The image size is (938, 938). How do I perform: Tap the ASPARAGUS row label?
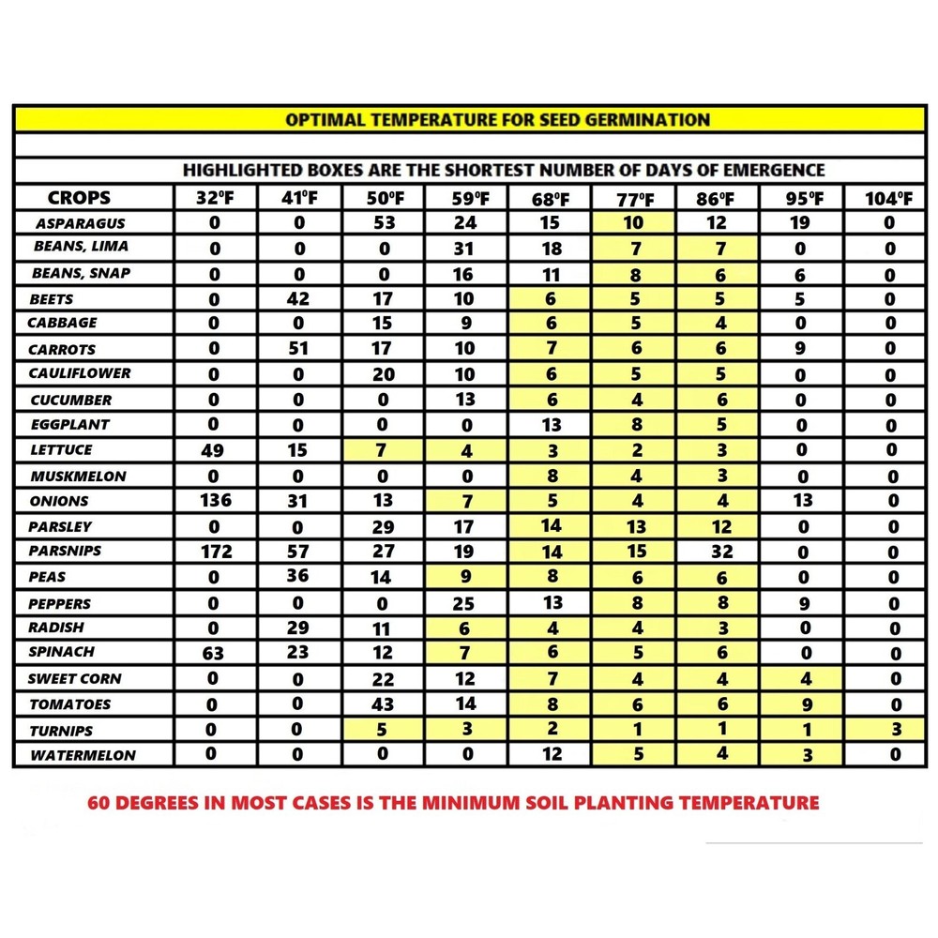pyautogui.click(x=80, y=224)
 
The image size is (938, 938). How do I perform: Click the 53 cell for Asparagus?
pyautogui.click(x=383, y=223)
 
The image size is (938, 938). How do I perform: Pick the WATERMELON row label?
pyautogui.click(x=82, y=755)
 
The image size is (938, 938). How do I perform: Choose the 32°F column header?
pyautogui.click(x=213, y=199)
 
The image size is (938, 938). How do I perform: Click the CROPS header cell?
pyautogui.click(x=79, y=198)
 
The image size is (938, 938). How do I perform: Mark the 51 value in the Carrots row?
pyautogui.click(x=297, y=349)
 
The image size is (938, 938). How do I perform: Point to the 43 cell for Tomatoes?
pyautogui.click(x=383, y=703)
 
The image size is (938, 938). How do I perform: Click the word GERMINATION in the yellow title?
pyautogui.click(x=654, y=120)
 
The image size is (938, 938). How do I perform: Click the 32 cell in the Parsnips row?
pyautogui.click(x=720, y=552)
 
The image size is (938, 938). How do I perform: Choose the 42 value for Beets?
pyautogui.click(x=297, y=299)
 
